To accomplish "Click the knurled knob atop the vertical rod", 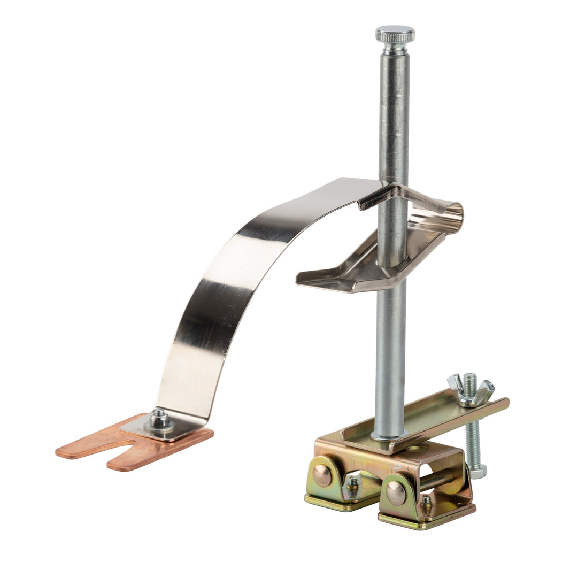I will pos(395,35).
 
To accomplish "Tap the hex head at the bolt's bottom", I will pos(477,471).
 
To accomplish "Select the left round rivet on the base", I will pos(322,475).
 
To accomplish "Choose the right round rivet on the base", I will pos(396,492).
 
